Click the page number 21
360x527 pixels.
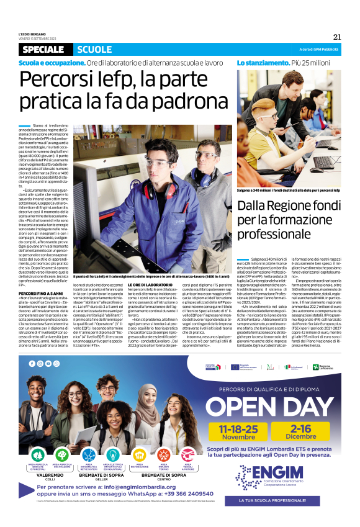tap(337, 36)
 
